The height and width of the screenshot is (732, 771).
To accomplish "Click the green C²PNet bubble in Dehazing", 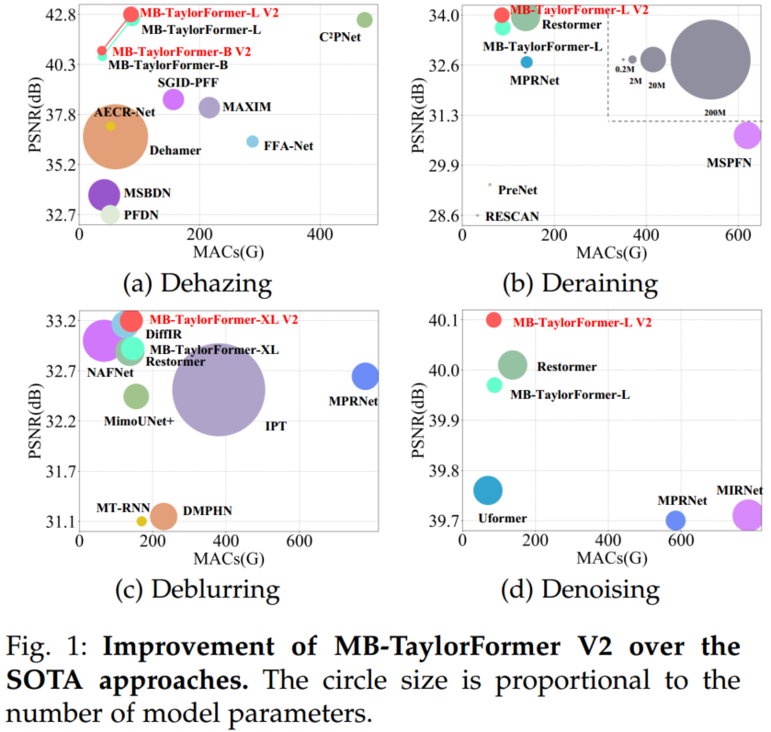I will click(364, 19).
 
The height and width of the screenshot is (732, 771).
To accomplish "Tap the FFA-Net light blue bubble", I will click(253, 142).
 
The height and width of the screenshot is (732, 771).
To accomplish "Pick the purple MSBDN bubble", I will click(104, 194).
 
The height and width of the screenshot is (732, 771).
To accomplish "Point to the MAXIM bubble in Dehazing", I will click(210, 108).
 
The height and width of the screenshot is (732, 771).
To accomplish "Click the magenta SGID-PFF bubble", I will click(173, 99).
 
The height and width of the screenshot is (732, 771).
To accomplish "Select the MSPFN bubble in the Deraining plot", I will click(747, 136).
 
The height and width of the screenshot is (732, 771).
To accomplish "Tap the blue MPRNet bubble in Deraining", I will click(527, 62).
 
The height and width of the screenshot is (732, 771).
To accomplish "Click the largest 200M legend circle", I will click(709, 61).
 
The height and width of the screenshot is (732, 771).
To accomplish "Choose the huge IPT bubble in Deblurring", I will click(219, 389).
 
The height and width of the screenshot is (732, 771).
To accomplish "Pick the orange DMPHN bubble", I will click(164, 516).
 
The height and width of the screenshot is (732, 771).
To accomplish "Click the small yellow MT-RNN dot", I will click(142, 521).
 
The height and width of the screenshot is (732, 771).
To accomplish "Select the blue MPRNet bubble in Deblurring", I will click(365, 376).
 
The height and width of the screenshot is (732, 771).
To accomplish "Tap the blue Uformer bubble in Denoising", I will click(488, 490).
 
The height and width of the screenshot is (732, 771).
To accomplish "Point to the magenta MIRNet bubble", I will click(748, 516).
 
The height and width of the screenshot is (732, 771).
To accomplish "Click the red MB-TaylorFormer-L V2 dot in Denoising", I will click(493, 320).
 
